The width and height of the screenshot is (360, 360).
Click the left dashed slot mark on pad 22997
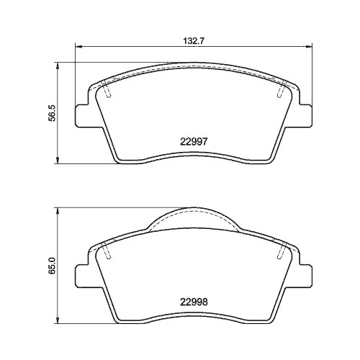click(107, 93)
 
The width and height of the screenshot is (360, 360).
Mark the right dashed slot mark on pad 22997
click(280, 93)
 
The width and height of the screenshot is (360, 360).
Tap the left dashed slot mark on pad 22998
click(107, 253)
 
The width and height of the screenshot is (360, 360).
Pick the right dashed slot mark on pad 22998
click(280, 253)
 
